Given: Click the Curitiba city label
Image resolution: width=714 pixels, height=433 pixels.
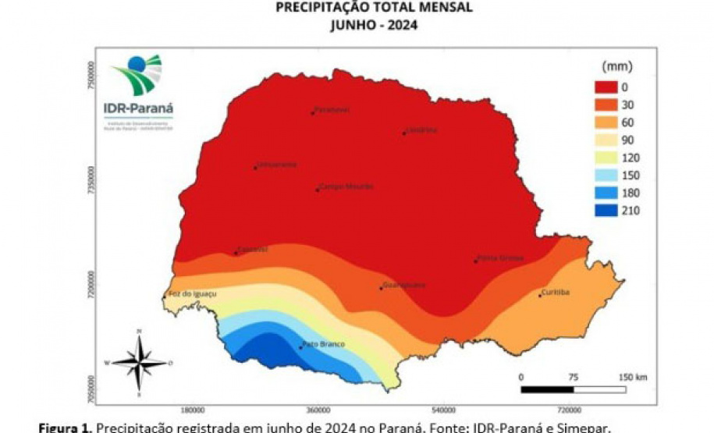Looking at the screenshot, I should pyautogui.click(x=556, y=293).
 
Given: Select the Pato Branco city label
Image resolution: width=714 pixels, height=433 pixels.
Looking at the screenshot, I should pyautogui.click(x=323, y=344).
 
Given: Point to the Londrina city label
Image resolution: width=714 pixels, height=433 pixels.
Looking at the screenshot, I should pyautogui.click(x=422, y=130).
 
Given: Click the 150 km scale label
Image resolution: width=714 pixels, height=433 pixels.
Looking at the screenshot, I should pyautogui.click(x=631, y=377).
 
